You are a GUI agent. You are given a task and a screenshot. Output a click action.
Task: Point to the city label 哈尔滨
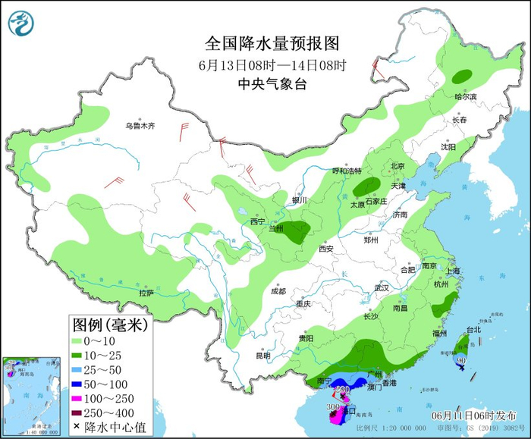(x=466, y=97)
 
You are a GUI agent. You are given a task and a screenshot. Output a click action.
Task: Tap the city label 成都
(x=278, y=291)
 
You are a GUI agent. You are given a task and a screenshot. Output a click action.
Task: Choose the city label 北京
(x=397, y=166)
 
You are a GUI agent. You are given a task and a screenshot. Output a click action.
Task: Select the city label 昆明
(x=262, y=356)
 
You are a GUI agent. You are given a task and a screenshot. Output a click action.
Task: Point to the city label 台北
(x=473, y=330)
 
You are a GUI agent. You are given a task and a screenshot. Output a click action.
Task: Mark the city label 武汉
(x=381, y=288)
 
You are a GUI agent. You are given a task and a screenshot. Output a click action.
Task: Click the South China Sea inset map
(x=32, y=395)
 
